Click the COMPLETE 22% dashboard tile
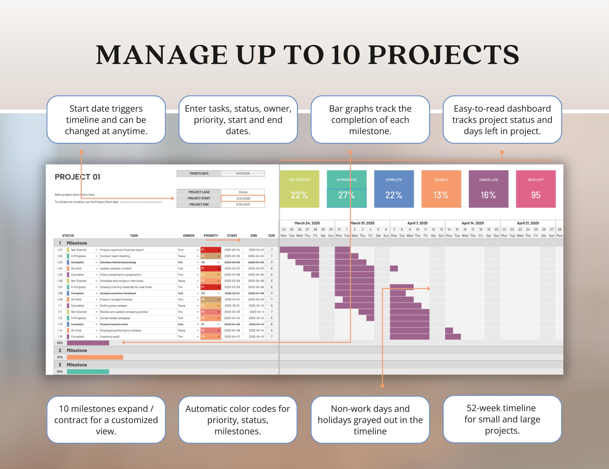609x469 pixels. (x=394, y=189)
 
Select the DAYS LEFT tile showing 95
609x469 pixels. (x=535, y=189)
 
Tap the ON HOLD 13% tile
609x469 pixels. (x=441, y=189)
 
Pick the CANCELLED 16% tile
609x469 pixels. (x=488, y=189)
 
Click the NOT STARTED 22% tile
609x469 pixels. (x=299, y=189)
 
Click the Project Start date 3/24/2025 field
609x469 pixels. (x=243, y=198)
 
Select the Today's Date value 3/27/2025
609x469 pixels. (x=243, y=173)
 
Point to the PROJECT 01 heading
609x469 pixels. (x=78, y=177)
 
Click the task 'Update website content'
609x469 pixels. (x=115, y=269)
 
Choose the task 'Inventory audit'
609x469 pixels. (x=110, y=337)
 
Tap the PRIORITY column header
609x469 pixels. (x=211, y=236)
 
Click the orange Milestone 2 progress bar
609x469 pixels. (x=95, y=357)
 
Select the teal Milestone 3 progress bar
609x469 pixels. (x=88, y=372)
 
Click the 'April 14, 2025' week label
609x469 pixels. (x=473, y=223)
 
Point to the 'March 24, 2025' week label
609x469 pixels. (x=307, y=223)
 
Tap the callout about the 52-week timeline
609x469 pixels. (x=502, y=419)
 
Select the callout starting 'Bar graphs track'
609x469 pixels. (x=370, y=120)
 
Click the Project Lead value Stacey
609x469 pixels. (x=243, y=192)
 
